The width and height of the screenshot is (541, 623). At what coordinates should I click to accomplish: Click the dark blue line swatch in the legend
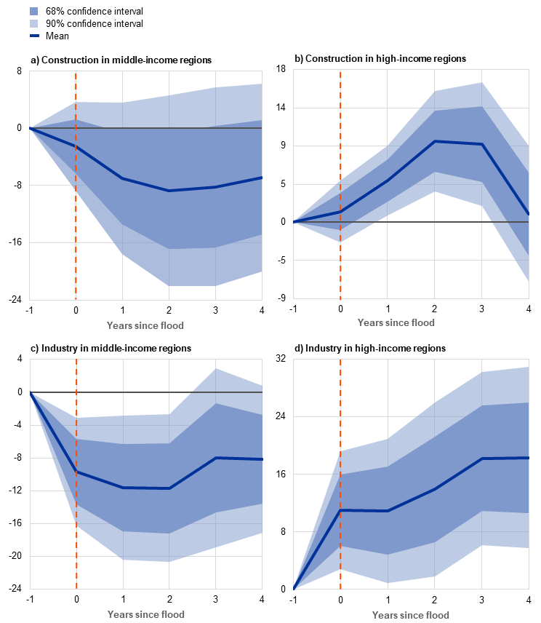pyautogui.click(x=34, y=35)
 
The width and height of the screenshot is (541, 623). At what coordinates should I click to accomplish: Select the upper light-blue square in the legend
pyautogui.click(x=34, y=12)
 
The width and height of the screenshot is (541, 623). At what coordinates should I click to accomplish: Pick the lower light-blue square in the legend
pyautogui.click(x=34, y=23)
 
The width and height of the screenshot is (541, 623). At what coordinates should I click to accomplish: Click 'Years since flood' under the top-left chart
pyautogui.click(x=145, y=325)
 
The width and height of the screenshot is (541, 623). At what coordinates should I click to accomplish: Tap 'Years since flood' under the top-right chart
pyautogui.click(x=396, y=322)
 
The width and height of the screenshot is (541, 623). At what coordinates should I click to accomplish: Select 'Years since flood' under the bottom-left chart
pyautogui.click(x=145, y=614)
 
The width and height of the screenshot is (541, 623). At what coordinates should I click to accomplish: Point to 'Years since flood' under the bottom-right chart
pyautogui.click(x=411, y=615)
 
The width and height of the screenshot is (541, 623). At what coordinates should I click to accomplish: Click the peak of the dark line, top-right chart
pyautogui.click(x=434, y=141)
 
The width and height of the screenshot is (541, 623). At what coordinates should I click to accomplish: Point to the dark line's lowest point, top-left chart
pyautogui.click(x=169, y=191)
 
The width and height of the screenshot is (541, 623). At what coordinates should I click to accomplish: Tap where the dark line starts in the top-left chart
pyautogui.click(x=30, y=128)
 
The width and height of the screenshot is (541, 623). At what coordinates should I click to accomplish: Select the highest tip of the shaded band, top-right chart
pyautogui.click(x=481, y=82)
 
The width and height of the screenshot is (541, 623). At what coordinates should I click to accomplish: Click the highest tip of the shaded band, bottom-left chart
pyautogui.click(x=215, y=368)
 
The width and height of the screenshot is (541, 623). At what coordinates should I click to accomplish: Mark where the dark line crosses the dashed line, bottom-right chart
pyautogui.click(x=340, y=510)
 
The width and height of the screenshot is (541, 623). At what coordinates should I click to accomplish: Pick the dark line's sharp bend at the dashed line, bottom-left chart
pyautogui.click(x=76, y=472)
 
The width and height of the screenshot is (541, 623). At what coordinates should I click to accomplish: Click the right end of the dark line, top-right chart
pyautogui.click(x=528, y=215)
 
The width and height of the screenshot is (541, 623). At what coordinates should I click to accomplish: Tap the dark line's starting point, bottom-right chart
pyautogui.click(x=294, y=588)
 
